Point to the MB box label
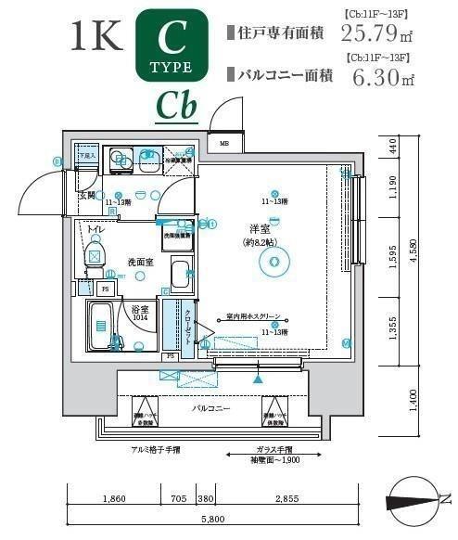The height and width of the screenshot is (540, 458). click(x=224, y=144)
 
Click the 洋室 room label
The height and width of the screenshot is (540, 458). click(x=259, y=228)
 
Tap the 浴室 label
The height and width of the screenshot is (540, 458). click(x=139, y=308)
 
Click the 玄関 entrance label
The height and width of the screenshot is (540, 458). click(x=87, y=196)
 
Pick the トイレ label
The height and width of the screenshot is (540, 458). click(x=95, y=227)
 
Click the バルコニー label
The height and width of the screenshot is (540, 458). click(x=211, y=408)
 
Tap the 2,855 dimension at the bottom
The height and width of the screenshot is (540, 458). click(x=286, y=499)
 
